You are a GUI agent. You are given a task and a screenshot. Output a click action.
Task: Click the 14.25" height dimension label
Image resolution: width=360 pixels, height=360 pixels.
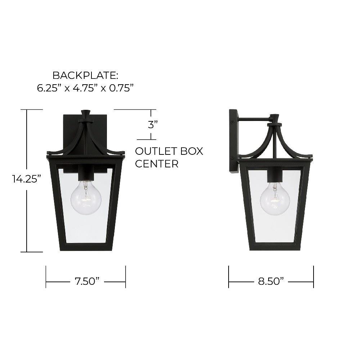pyautogui.click(x=27, y=179)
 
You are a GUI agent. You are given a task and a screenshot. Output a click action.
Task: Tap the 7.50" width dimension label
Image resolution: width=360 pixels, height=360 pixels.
pyautogui.click(x=87, y=281)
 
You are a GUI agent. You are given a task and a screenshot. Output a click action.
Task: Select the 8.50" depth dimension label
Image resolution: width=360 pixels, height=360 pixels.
pyautogui.click(x=271, y=281)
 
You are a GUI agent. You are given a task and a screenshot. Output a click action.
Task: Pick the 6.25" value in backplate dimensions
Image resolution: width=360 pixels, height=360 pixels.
pyautogui.click(x=49, y=88)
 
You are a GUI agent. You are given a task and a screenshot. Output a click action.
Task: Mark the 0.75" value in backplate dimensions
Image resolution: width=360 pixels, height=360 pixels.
pyautogui.click(x=121, y=88)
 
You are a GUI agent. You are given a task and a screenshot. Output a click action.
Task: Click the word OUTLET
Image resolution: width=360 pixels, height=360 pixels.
pyautogui.click(x=156, y=151)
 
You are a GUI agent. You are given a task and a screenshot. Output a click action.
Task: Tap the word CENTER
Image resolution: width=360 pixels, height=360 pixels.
pyautogui.click(x=157, y=164)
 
